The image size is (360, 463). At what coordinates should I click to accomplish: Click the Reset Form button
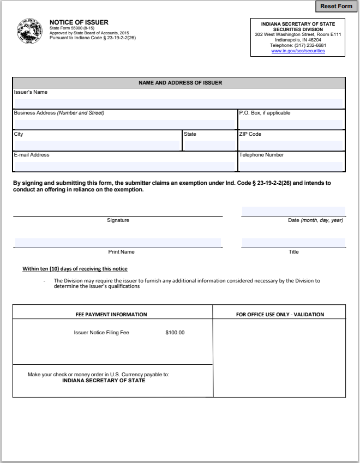336,7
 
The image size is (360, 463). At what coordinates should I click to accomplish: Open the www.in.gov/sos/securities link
298,51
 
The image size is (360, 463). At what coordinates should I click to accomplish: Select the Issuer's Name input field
178,103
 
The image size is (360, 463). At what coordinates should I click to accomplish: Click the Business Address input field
124,124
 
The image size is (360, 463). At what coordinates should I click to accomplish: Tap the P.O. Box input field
291,124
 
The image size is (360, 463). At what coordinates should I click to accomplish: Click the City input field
97,146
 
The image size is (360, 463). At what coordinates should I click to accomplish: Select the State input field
209,146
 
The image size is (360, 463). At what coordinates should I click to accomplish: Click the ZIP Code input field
291,146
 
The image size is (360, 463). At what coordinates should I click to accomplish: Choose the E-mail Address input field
124,166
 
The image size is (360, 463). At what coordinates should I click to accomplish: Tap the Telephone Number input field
291,166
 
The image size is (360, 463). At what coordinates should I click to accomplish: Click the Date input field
293,212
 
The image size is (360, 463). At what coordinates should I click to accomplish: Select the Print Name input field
118,243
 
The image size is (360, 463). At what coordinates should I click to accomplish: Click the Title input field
293,243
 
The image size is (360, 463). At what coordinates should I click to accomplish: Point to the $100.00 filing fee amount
175,333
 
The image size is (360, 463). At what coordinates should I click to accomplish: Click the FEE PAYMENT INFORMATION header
111,315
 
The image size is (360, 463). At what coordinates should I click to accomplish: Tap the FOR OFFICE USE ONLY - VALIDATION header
280,315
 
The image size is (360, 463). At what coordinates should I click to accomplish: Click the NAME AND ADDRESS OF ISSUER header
180,83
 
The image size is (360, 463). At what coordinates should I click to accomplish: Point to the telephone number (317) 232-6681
298,45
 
